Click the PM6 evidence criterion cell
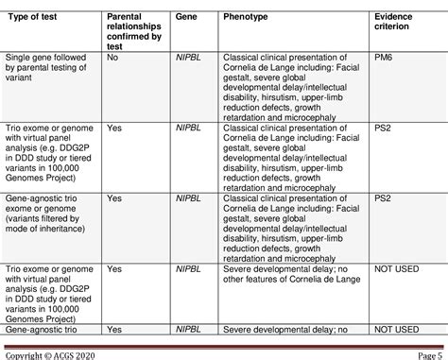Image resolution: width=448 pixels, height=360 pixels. (x=384, y=57)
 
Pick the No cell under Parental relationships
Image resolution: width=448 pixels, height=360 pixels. (x=113, y=57)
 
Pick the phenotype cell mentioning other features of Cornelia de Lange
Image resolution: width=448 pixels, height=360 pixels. (x=284, y=275)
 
